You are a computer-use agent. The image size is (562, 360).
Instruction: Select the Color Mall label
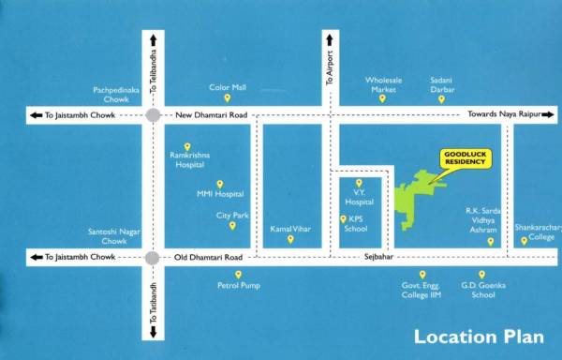click(x=227, y=86)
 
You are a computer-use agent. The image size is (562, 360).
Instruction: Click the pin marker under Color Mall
click(x=226, y=97)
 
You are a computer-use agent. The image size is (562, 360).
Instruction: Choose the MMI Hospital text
click(x=219, y=194)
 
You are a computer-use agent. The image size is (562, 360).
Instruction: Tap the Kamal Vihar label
click(x=290, y=228)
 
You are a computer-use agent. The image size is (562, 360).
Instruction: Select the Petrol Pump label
click(x=239, y=284)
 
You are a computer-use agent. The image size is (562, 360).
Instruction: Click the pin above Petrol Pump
click(x=238, y=274)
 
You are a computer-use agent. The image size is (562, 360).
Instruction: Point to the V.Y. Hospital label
click(x=359, y=197)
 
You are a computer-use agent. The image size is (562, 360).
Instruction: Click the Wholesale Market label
click(x=383, y=85)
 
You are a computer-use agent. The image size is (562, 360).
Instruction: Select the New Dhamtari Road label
click(x=211, y=115)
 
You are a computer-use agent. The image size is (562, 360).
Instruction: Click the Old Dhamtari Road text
click(x=208, y=257)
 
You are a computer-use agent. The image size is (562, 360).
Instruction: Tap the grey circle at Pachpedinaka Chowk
click(x=152, y=115)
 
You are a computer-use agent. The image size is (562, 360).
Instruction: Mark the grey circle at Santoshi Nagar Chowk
click(x=152, y=257)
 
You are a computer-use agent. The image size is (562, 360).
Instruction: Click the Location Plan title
click(x=479, y=337)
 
